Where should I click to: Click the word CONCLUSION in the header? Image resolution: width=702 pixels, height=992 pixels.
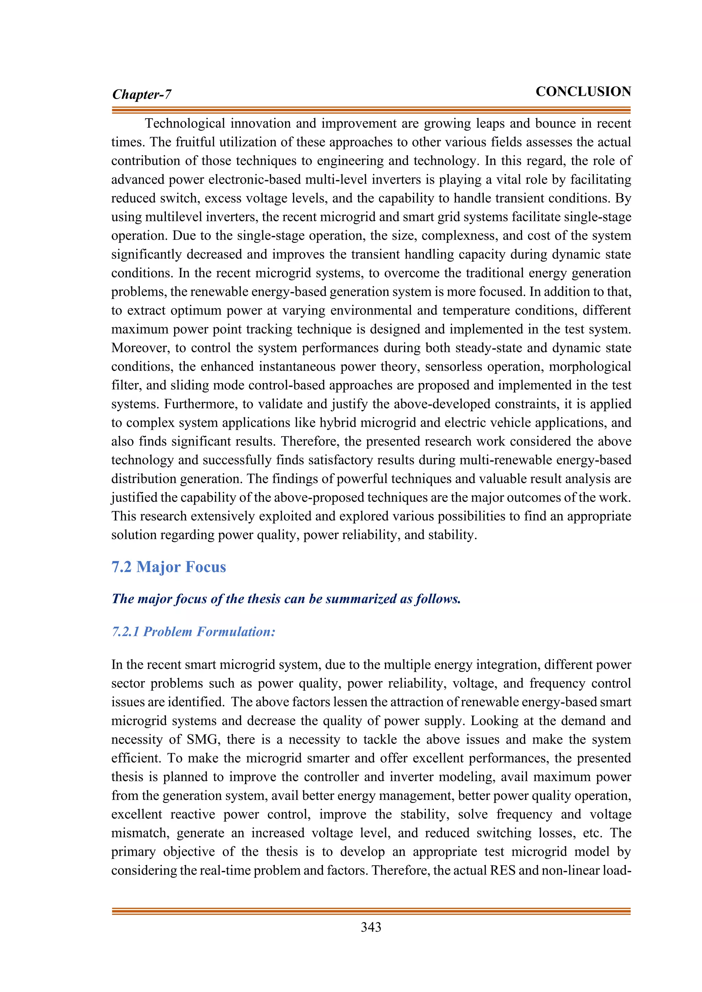tap(583, 91)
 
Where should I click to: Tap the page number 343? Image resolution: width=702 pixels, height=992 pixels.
tap(371, 927)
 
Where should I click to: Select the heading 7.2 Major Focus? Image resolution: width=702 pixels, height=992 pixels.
tap(169, 567)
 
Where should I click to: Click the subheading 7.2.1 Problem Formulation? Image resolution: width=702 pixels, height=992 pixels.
tap(193, 632)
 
